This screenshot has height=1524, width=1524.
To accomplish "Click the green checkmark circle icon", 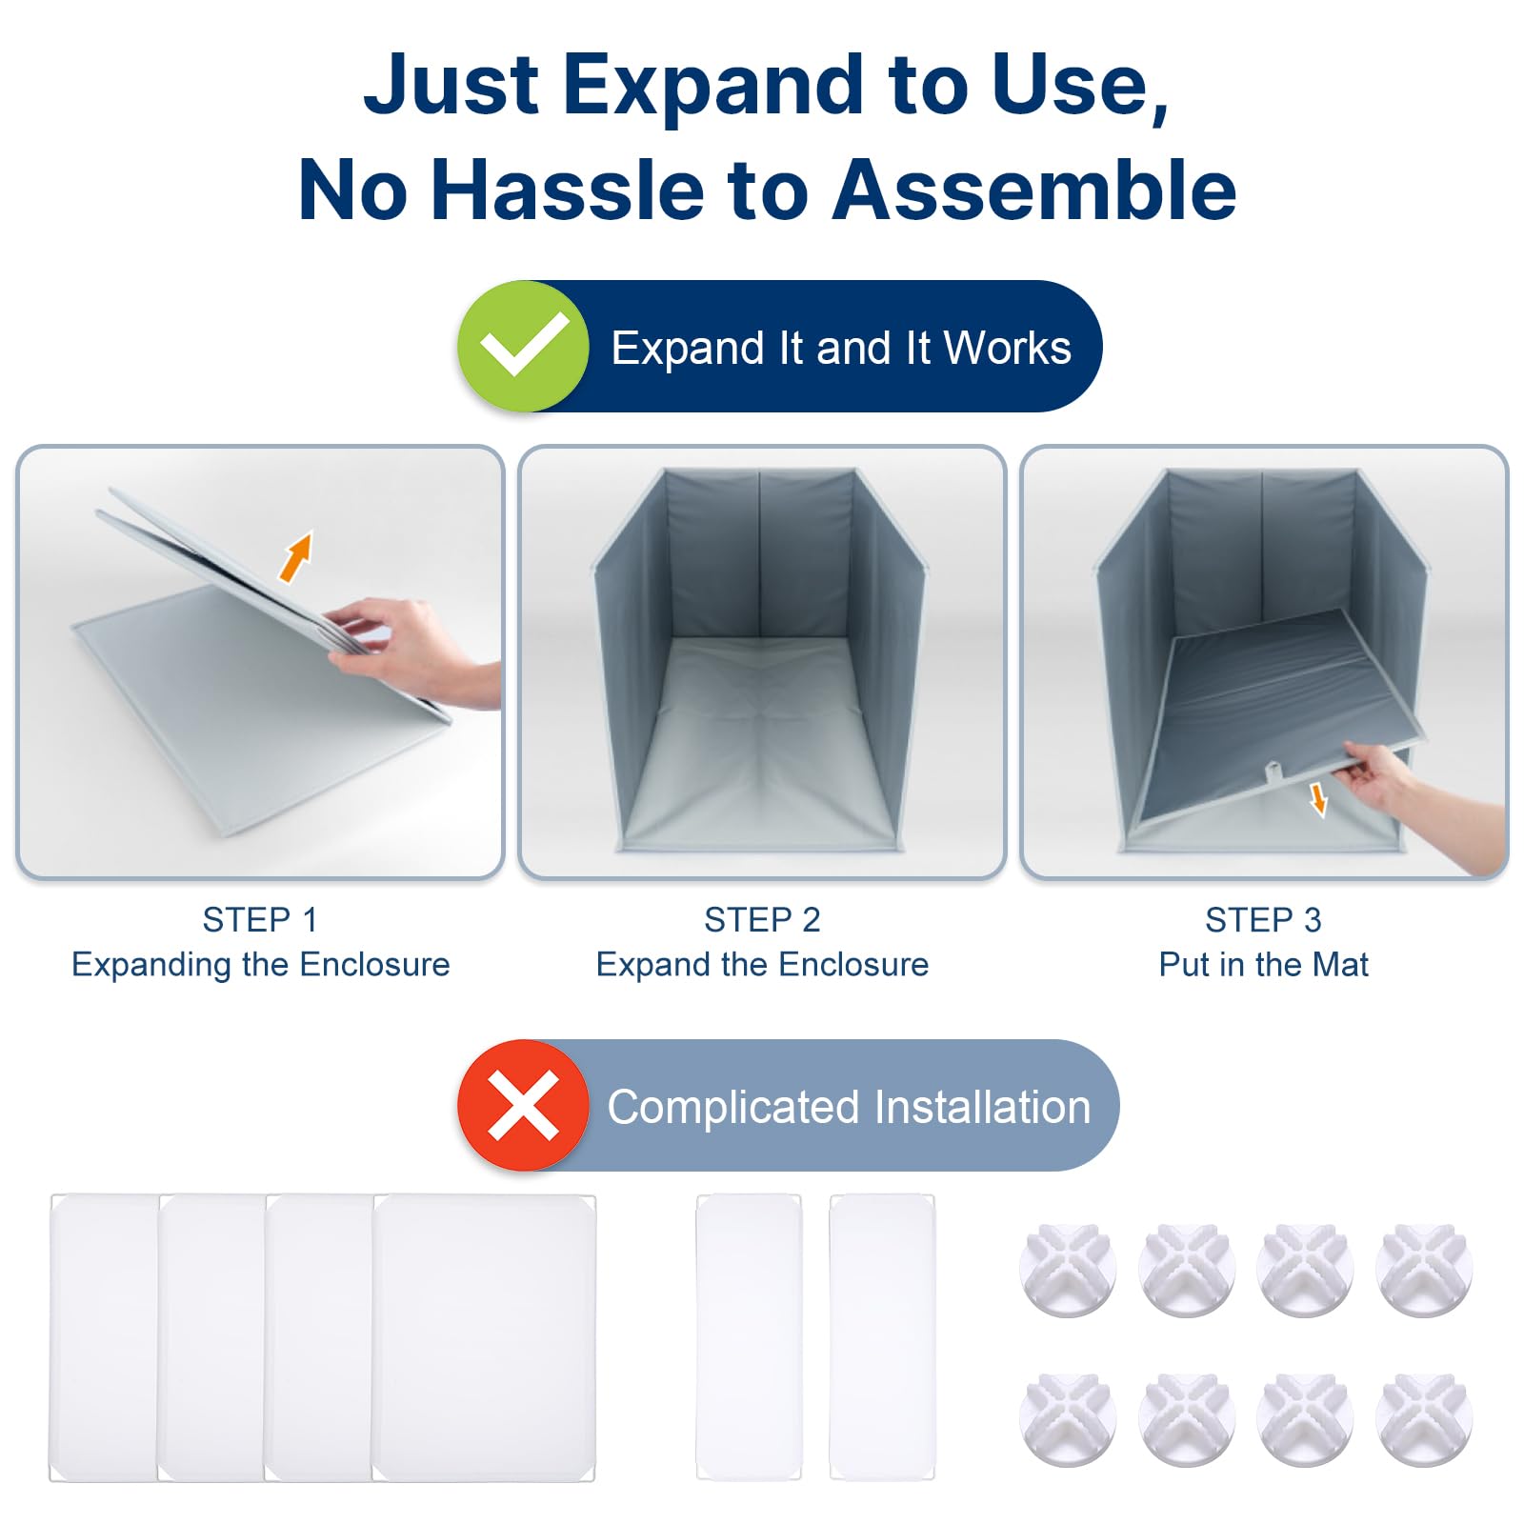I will coord(523,346).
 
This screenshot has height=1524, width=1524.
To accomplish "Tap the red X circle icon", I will coord(523,1105).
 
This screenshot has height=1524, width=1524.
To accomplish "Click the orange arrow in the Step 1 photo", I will coord(296,556).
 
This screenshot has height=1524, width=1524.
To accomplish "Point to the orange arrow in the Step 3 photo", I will coord(1318,799).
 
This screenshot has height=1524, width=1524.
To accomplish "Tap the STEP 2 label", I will coord(762,919).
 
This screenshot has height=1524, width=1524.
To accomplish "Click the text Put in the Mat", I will coord(1263,964).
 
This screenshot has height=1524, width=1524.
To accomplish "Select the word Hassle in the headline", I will coord(571,190).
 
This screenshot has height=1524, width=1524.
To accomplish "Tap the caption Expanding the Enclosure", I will coord(260,964).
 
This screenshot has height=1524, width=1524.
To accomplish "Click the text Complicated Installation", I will coord(849,1107).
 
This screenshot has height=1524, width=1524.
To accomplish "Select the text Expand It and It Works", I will coord(840,348).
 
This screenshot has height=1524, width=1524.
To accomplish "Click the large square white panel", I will coord(484,1337).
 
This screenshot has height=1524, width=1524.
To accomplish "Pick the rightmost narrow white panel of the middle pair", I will coord(882,1337).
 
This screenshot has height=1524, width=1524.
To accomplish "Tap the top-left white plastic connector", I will coord(1068,1270).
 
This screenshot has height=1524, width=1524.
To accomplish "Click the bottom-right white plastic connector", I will coord(1424,1419).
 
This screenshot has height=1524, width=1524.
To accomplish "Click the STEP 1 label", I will coord(260,919).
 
